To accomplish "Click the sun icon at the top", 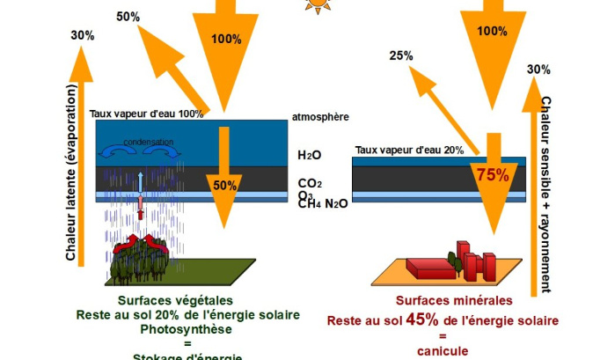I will [x=316, y=4].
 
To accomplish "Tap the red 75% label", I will [x=493, y=174].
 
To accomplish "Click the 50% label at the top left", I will [x=128, y=17].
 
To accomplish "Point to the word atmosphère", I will [x=319, y=117].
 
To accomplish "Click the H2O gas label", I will [x=310, y=155].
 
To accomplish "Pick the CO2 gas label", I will [x=311, y=183].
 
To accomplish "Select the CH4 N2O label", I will [x=323, y=203].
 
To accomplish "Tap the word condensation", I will [x=148, y=142].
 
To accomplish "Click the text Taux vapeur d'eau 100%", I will [x=147, y=114].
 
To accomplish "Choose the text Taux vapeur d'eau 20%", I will [x=409, y=151].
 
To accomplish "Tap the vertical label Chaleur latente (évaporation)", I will [x=71, y=173].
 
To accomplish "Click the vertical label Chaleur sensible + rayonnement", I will [x=546, y=194].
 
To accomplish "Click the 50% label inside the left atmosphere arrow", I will [x=224, y=186].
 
